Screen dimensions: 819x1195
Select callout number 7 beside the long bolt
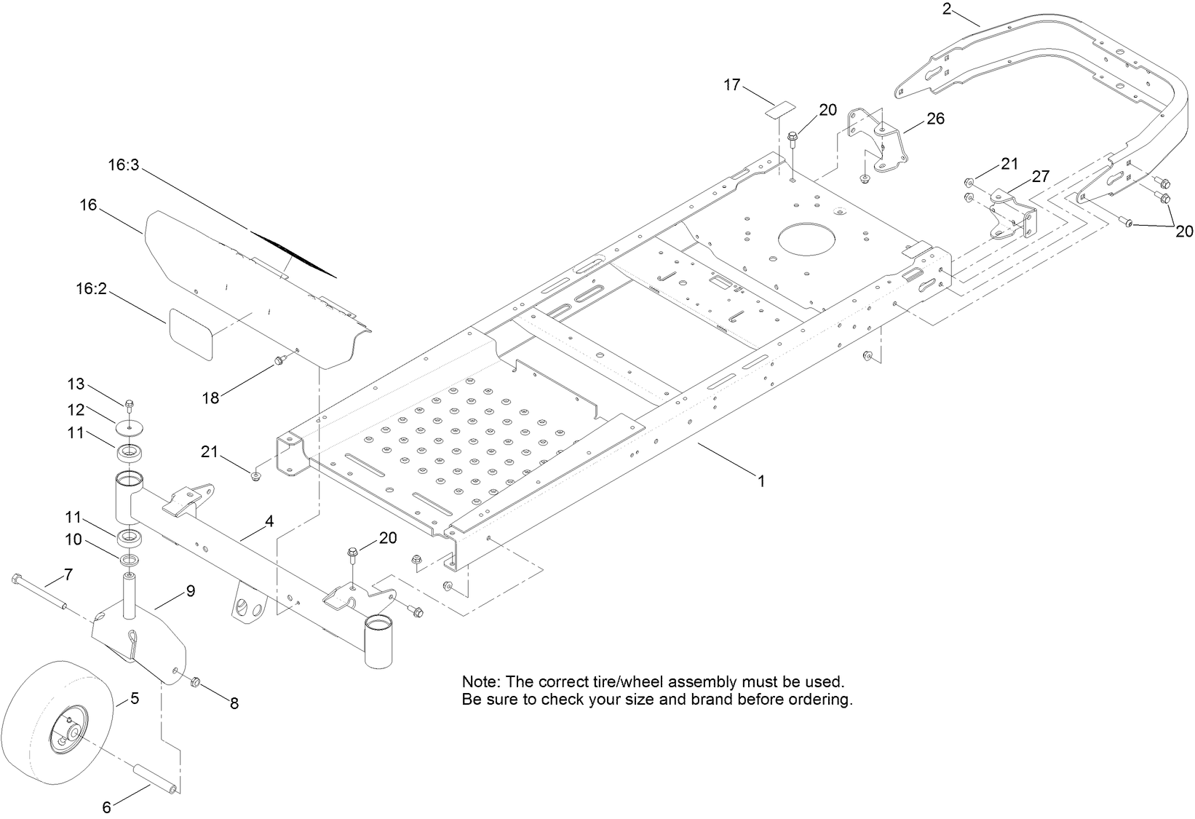[68, 574]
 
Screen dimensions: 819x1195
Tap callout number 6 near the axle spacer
[106, 807]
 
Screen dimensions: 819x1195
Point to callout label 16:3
[123, 165]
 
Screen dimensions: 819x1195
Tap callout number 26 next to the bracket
[934, 118]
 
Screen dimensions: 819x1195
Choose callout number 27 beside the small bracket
[1040, 176]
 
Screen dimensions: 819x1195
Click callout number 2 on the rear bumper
[947, 9]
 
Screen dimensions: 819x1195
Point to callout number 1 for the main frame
[761, 481]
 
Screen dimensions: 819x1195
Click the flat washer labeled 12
[128, 424]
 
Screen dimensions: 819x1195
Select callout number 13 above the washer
[76, 384]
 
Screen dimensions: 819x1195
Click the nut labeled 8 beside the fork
[195, 683]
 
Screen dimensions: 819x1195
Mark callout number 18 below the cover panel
[211, 397]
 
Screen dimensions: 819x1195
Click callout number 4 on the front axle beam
[269, 521]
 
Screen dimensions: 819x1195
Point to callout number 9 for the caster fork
[190, 590]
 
